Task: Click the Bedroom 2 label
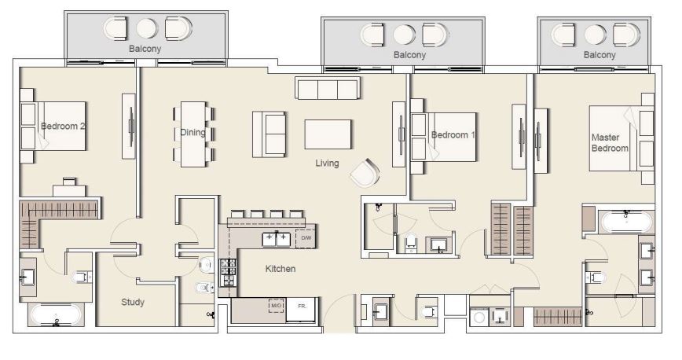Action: (x=63, y=126)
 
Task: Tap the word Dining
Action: (x=192, y=133)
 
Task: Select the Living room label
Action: (x=327, y=163)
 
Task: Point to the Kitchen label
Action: (x=280, y=269)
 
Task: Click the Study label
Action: (x=132, y=302)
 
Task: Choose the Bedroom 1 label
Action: (x=453, y=135)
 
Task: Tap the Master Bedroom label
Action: (x=610, y=142)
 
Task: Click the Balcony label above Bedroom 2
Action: (x=145, y=49)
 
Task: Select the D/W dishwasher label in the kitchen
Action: (x=306, y=237)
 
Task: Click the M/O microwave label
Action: (x=276, y=306)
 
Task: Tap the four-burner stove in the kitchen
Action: (x=228, y=272)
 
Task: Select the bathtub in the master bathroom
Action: (x=625, y=221)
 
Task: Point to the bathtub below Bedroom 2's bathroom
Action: (x=55, y=316)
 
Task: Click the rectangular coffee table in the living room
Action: (x=328, y=134)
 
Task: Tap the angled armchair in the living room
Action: (x=365, y=172)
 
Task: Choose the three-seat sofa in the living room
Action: (x=327, y=88)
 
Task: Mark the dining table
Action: (x=193, y=134)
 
